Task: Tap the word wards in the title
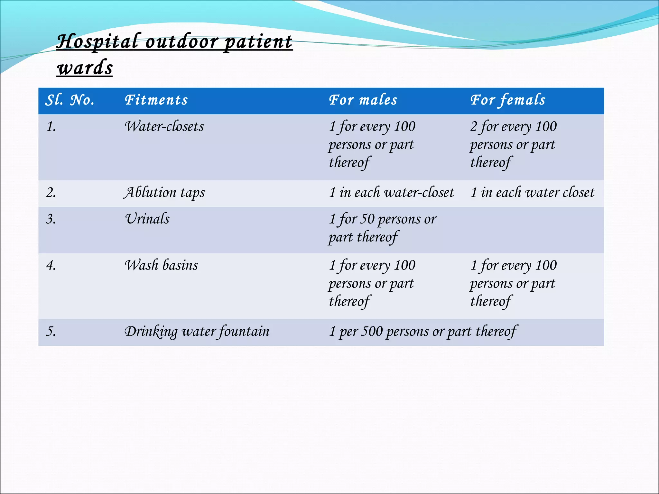coord(85,68)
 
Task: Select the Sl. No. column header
coord(70,100)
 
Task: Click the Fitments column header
coord(156,100)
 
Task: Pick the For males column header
coord(363,100)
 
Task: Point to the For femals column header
coord(508,100)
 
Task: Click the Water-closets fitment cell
coord(164,127)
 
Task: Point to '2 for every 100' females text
coord(513,127)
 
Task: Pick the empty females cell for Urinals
coord(534,230)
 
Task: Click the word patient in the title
coord(258,42)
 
